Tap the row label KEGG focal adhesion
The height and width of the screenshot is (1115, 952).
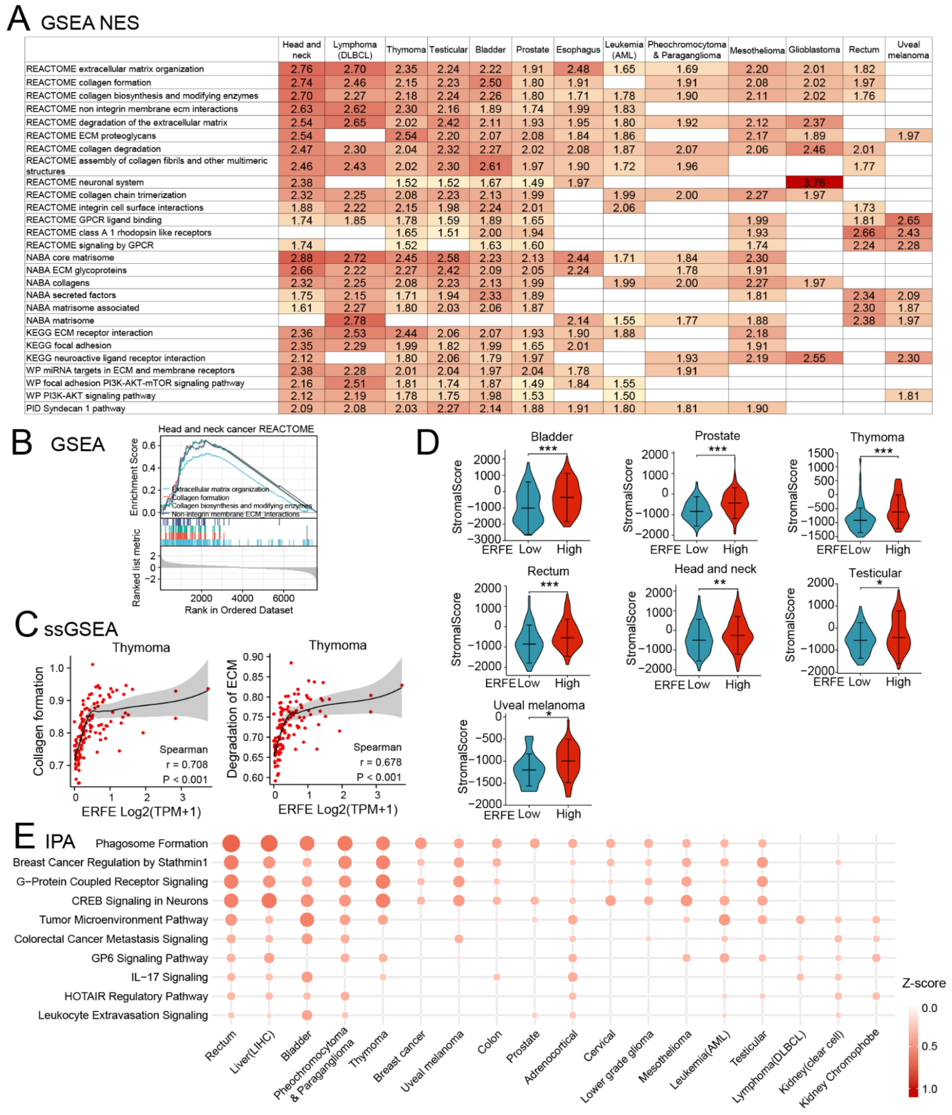coord(69,345)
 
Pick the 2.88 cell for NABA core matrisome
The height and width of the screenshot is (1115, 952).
coord(301,258)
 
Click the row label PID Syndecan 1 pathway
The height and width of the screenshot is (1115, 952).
coord(76,408)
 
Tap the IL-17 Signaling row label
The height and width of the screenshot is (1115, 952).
coord(170,977)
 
